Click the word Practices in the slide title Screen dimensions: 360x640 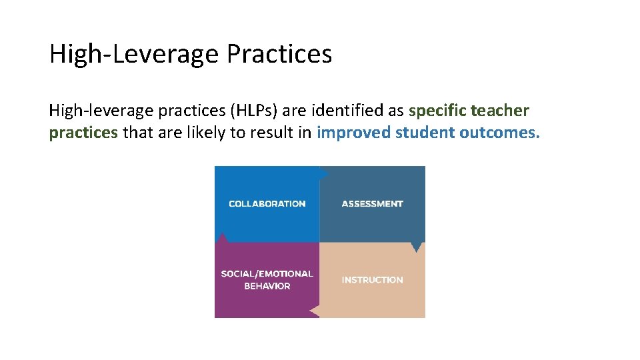coord(279,54)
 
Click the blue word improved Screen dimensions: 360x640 coord(353,132)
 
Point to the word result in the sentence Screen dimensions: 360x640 coord(272,132)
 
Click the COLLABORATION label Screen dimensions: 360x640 coord(267,204)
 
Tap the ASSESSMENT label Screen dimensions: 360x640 coord(372,204)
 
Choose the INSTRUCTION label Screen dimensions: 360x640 coord(372,280)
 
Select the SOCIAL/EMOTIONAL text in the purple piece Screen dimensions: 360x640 coord(267,274)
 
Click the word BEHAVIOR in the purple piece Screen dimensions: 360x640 coord(267,286)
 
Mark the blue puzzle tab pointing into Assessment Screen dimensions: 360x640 coord(324,173)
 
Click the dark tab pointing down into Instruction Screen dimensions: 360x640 coord(417,247)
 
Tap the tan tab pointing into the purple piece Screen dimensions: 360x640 coord(315,310)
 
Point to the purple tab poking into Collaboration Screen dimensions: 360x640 coord(223,237)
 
